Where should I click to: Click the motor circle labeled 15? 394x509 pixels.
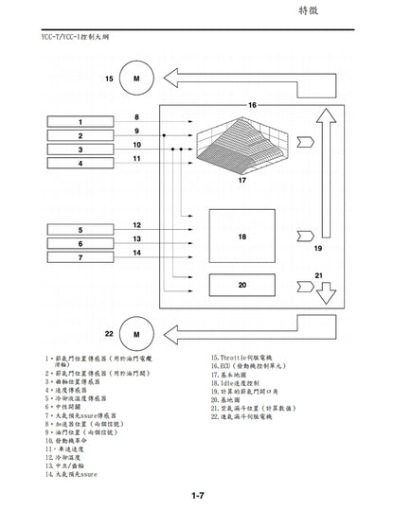136,78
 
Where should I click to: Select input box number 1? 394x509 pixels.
81,123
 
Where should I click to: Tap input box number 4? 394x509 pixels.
81,163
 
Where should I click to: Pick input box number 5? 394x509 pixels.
81,230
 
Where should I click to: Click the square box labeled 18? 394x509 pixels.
242,236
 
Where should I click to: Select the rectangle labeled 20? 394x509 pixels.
242,284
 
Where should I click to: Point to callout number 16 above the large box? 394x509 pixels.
252,104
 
